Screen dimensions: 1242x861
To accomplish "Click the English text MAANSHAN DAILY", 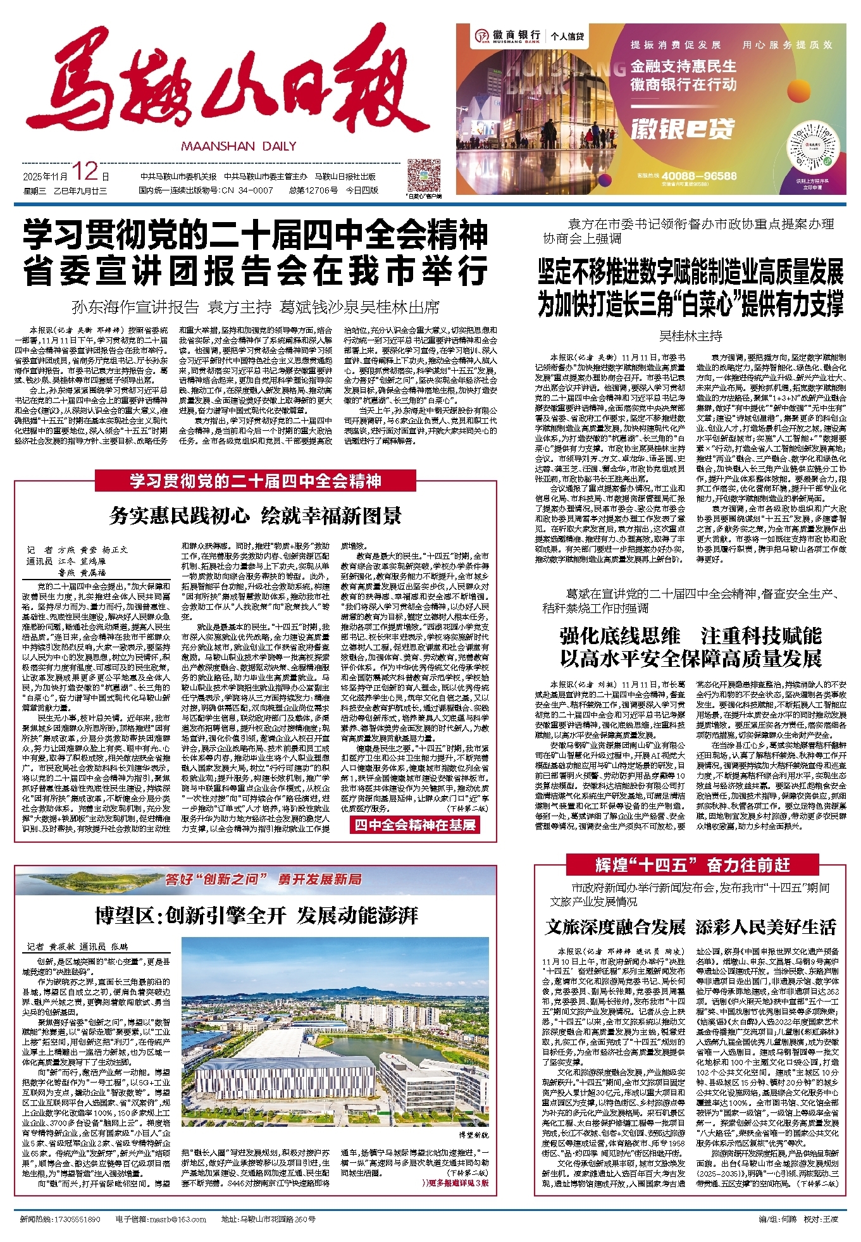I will coord(238,146).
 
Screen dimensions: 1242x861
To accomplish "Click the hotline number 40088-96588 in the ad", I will coord(696,176).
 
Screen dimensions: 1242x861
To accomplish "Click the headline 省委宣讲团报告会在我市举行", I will coord(256,271).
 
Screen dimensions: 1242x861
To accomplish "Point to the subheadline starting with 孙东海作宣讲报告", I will coord(256,307).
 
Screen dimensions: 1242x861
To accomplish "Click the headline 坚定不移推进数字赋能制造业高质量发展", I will coord(691,272).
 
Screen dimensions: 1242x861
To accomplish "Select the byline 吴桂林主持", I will coord(691,336).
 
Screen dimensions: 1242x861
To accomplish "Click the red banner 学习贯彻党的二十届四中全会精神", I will coord(256,481).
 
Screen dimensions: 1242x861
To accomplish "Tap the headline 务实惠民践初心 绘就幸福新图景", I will coord(256,516).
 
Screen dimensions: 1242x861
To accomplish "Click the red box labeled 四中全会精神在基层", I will coord(415,824).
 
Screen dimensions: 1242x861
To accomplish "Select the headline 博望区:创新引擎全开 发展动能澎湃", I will coord(256,915).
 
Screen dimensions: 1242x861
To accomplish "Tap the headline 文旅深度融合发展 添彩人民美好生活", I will coord(691,928).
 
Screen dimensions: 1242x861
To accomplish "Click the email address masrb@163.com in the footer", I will coord(161,1219).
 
